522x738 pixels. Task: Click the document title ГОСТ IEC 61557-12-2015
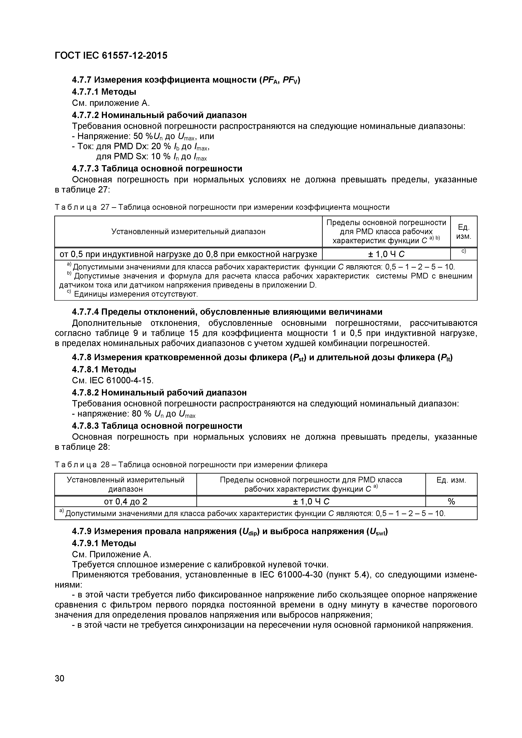[111, 56]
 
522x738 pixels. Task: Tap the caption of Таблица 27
[222, 207]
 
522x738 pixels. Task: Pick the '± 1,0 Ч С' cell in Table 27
[386, 254]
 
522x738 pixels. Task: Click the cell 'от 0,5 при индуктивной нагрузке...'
[188, 254]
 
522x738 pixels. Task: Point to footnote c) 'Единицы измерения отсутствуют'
[135, 294]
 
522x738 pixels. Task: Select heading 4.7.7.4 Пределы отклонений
[227, 312]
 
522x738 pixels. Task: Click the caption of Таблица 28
[191, 465]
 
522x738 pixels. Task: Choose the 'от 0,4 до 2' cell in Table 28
[125, 501]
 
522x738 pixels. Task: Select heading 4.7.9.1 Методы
[104, 543]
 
